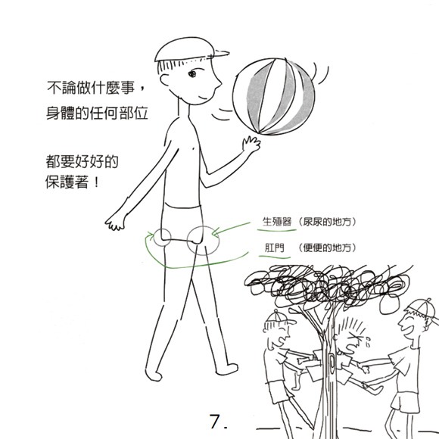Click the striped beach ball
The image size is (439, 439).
tap(274, 97)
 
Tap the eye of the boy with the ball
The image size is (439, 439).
tap(192, 73)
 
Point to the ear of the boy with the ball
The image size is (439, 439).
tap(164, 79)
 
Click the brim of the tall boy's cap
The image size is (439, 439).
tap(222, 53)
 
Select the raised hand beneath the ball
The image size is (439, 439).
tap(251, 144)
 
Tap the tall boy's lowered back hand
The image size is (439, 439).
tap(115, 222)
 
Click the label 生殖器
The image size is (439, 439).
tap(277, 222)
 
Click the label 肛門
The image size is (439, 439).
tap(274, 248)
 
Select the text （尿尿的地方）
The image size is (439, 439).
tap(327, 222)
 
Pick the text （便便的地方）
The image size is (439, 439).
tap(327, 248)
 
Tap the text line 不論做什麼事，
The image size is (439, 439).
tap(97, 88)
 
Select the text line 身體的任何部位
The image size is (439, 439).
tap(97, 113)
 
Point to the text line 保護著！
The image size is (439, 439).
tap(73, 182)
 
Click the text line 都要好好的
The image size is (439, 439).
tap(82, 161)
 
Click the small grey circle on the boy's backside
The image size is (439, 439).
tap(162, 238)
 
